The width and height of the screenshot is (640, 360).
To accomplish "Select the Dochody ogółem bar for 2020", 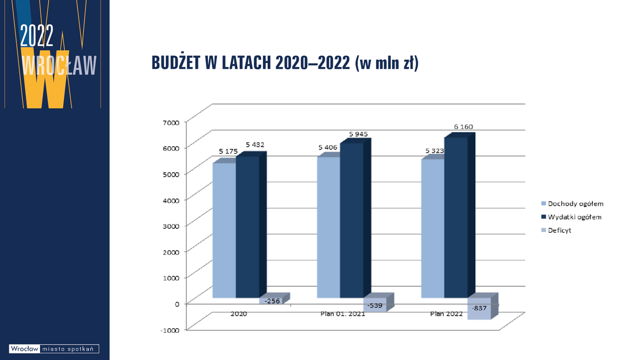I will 224,229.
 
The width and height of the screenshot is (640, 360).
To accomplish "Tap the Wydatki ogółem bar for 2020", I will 247,227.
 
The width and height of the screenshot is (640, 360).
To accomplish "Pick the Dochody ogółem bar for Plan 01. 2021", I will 329,227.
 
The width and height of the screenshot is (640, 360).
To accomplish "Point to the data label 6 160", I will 463,127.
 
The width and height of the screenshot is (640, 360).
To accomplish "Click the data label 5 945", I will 358,134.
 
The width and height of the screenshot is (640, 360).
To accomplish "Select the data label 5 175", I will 228,151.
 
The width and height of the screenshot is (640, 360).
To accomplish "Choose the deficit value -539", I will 373,305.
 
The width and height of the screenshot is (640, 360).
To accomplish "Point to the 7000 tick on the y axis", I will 172,122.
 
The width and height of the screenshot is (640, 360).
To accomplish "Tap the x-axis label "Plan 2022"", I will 446,314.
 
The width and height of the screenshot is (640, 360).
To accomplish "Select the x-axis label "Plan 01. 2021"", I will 342,314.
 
